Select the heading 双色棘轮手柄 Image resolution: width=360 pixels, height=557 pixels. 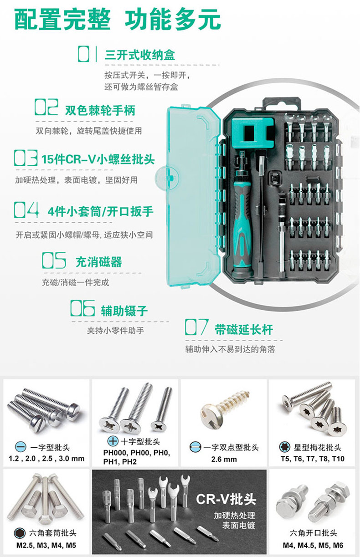coord(100,110)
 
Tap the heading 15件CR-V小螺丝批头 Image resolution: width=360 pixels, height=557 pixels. coord(98,159)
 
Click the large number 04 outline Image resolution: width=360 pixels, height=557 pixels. coord(26,210)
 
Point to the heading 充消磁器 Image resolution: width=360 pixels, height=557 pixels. coord(99,262)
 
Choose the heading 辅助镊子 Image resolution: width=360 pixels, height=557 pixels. coord(124,311)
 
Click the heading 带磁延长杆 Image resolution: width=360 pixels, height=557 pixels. coord(244,330)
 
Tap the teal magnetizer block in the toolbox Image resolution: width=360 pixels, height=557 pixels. coord(252,132)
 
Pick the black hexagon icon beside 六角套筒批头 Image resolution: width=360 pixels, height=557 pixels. coord(20,532)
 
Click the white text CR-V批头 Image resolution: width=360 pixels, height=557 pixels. coord(226,499)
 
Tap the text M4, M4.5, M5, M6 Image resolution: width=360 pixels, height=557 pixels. coord(313,545)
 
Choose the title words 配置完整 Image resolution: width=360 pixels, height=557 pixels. coord(62,19)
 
